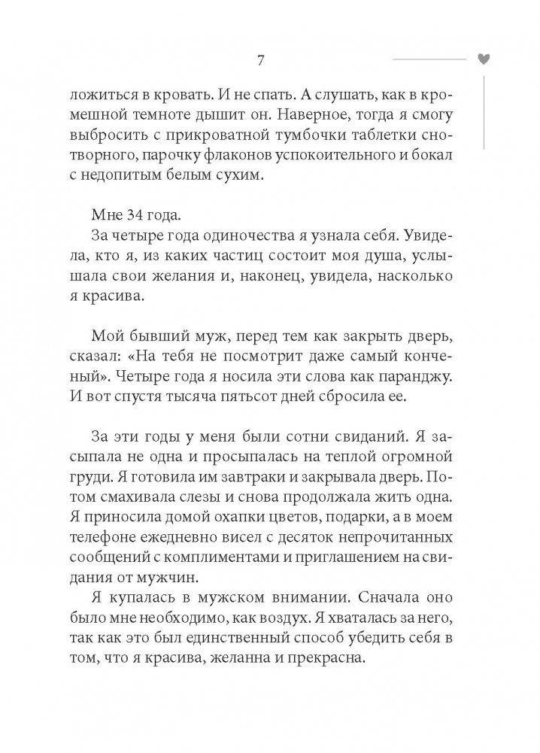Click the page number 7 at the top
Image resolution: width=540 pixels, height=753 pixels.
[x=259, y=60]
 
